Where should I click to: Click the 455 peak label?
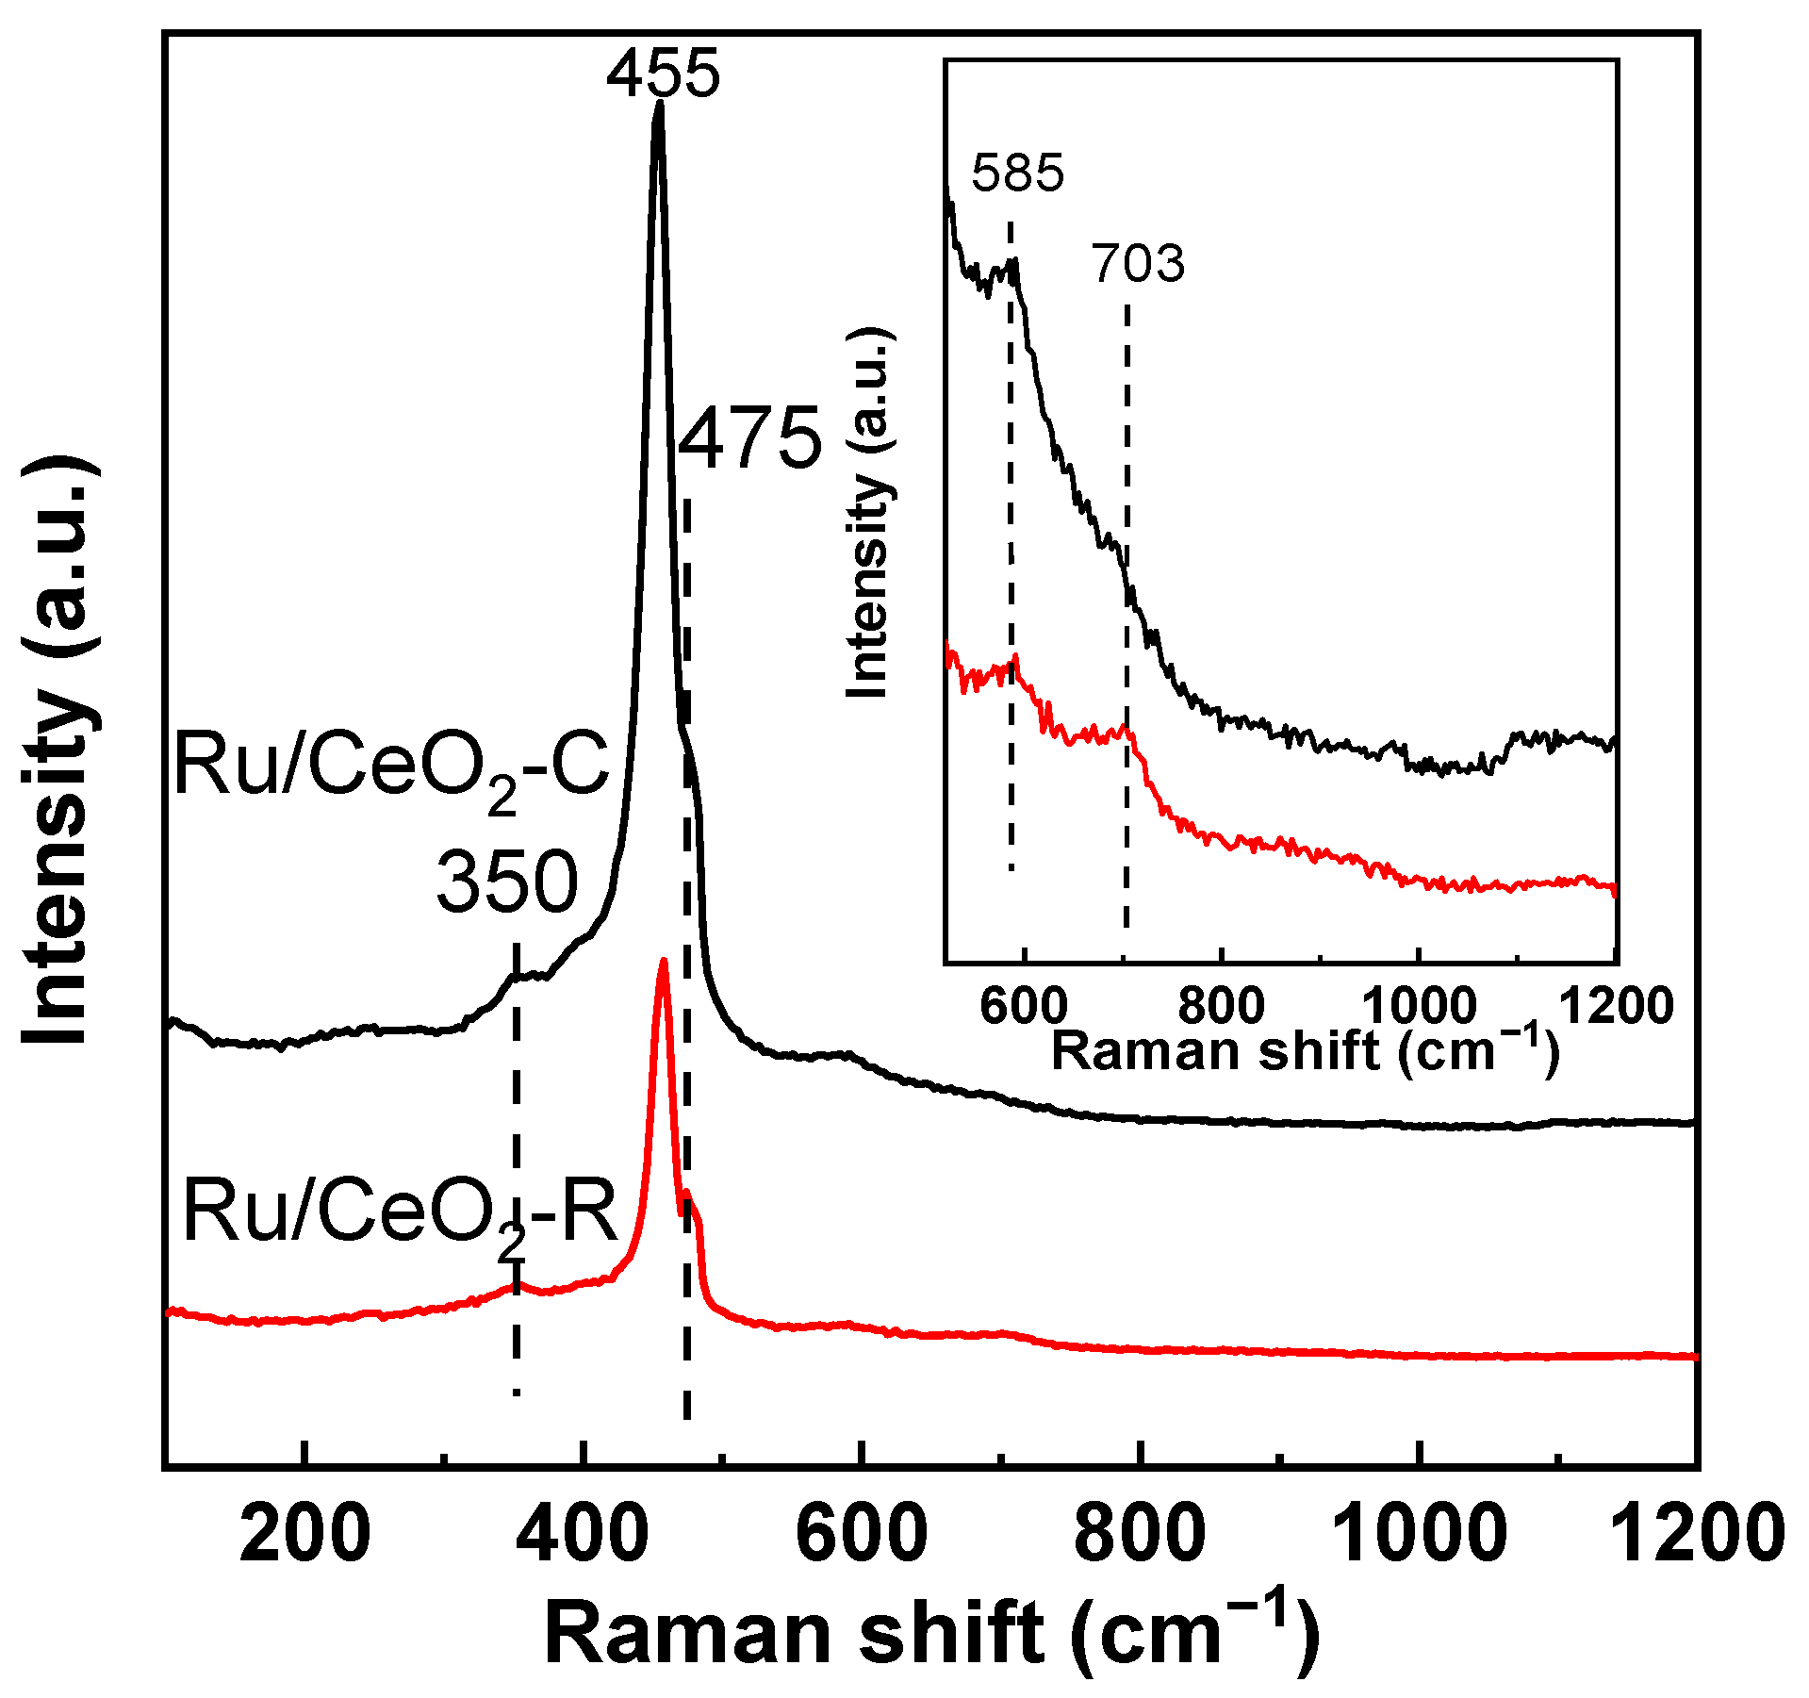(663, 73)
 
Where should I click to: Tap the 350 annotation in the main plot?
(506, 881)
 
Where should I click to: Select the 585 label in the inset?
(1017, 173)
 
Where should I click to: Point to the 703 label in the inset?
(1138, 264)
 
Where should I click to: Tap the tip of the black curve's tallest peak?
(659, 104)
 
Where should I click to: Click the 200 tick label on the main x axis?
(304, 1533)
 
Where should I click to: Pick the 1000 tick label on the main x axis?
(1418, 1533)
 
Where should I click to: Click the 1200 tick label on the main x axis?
(1697, 1533)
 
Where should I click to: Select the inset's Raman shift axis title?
(1306, 1049)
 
